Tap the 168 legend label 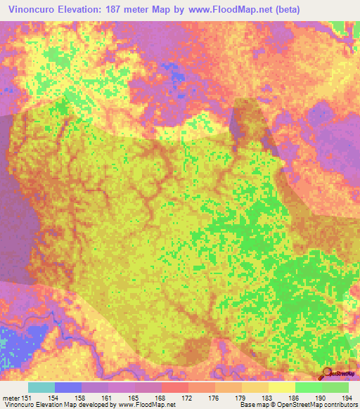point(161,397)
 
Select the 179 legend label point(241,397)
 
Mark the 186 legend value point(294,397)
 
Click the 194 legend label point(347,397)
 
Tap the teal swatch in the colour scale point(41,387)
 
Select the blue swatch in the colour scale point(68,387)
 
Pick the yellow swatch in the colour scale point(281,387)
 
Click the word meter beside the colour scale point(11,397)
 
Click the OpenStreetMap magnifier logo point(328,373)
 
